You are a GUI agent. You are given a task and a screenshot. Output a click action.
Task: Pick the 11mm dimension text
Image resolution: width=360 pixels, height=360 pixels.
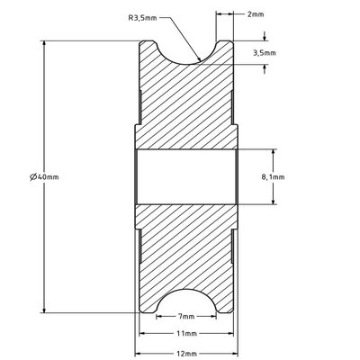tap(186, 334)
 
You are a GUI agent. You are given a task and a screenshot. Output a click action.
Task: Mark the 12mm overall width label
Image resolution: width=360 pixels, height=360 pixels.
tap(186, 352)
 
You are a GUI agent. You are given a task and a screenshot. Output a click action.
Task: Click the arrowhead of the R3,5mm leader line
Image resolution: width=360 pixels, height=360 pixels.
tap(198, 61)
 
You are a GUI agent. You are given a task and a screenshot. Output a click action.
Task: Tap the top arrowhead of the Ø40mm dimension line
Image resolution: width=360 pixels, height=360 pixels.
tap(43, 43)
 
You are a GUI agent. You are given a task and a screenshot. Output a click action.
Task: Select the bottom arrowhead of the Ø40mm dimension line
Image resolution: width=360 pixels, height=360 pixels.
tap(43, 311)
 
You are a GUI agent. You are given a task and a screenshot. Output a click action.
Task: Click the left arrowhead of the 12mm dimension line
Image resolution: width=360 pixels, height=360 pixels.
tap(139, 352)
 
